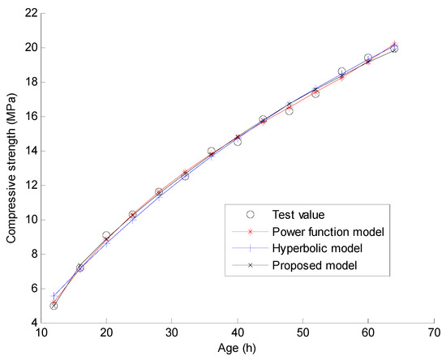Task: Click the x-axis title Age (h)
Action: [x=234, y=350]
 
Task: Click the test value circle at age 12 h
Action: [x=54, y=306]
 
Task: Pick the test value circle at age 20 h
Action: [x=106, y=235]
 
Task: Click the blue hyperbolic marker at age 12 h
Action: [x=54, y=296]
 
